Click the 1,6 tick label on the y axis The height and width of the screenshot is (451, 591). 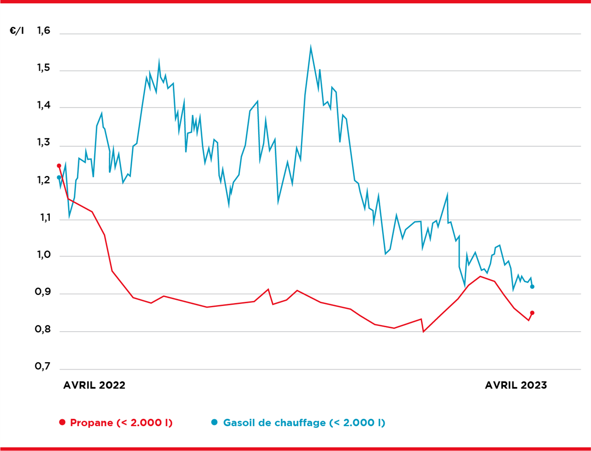coord(44,31)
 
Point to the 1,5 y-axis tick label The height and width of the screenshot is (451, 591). coord(44,68)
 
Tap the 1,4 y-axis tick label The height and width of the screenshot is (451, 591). coord(44,105)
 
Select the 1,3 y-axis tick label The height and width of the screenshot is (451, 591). coord(44,143)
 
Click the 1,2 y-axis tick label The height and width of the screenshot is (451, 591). coord(44,180)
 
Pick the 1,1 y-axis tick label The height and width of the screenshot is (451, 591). coord(44,218)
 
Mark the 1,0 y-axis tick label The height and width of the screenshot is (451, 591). coord(44,255)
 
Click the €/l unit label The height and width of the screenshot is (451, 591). coord(17,31)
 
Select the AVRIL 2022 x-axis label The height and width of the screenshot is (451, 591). coord(94,385)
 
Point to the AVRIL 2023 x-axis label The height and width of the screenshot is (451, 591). coord(516,385)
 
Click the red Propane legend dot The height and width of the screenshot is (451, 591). coord(62,422)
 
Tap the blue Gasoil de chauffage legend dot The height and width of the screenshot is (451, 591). coord(214,422)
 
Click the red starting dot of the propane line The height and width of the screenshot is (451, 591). coord(59,166)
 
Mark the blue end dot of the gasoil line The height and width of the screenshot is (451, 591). coord(532,287)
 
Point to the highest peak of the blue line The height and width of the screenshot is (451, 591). coord(311,46)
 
